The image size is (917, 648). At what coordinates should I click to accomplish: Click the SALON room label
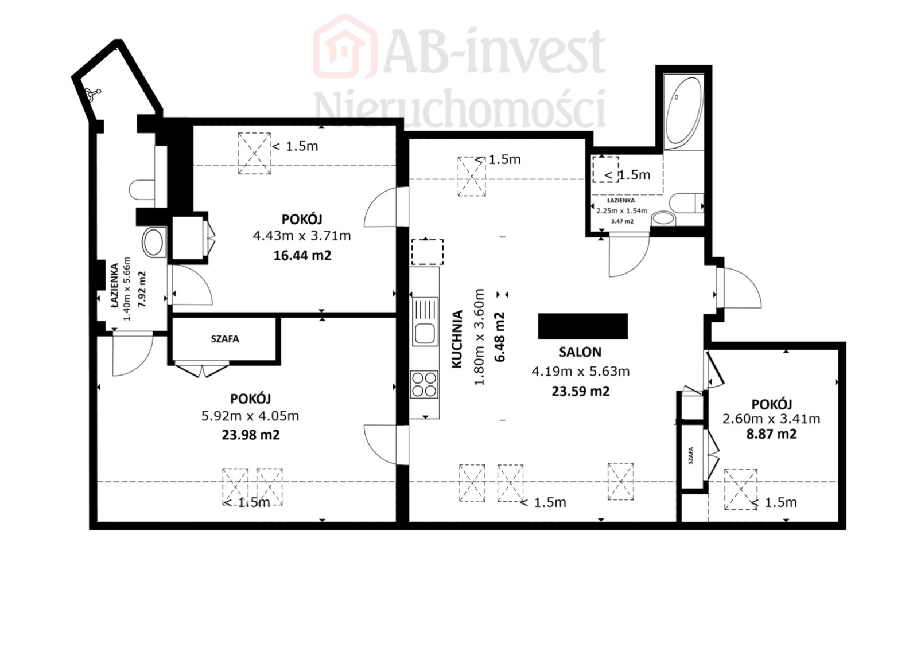580,352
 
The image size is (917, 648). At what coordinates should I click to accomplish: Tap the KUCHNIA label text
457,339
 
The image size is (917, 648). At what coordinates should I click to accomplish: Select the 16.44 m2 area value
302,256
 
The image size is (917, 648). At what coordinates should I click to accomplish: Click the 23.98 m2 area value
251,435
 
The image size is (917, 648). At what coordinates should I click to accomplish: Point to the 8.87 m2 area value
771,434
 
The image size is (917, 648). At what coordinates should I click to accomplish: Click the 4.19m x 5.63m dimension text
581,372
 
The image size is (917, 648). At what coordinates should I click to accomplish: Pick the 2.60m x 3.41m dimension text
771,419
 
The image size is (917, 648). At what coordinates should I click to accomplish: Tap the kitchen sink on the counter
425,322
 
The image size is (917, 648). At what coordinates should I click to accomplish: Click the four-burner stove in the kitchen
425,385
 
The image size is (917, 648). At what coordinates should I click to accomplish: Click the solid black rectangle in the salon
582,326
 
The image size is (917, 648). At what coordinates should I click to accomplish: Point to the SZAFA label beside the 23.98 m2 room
225,339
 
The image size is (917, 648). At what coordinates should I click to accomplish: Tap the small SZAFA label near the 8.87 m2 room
690,455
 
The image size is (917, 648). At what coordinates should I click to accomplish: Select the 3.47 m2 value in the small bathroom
622,221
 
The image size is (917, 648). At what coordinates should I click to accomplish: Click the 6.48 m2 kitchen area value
500,337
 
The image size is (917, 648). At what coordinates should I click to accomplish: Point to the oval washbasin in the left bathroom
154,242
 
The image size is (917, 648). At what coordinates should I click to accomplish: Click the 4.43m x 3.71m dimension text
302,236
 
